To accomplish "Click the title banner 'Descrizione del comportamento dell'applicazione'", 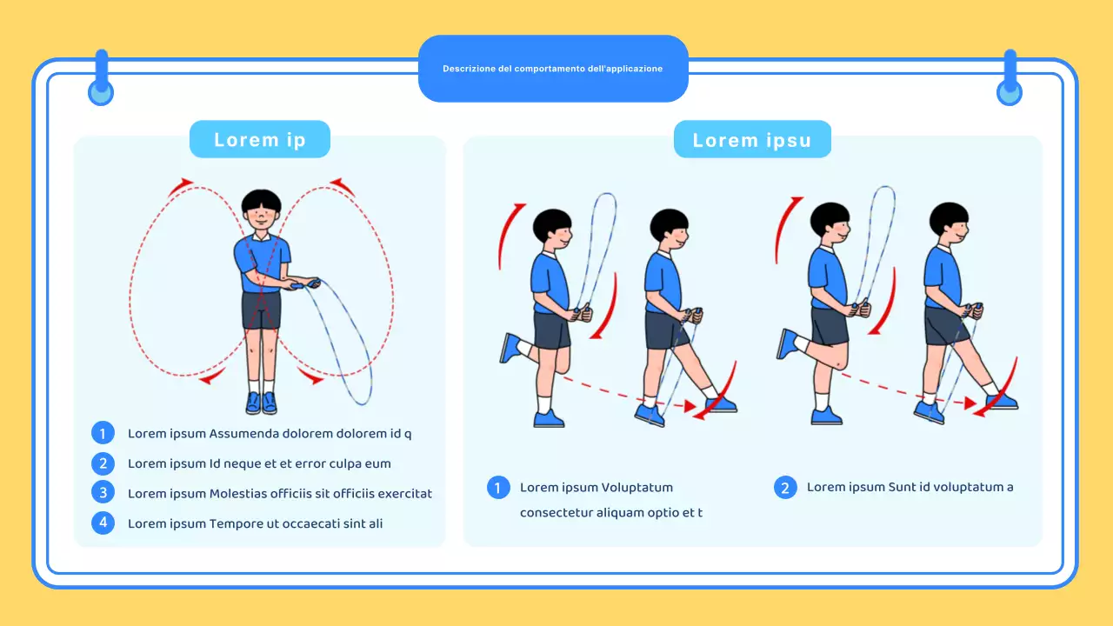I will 553,69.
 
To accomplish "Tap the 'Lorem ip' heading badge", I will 259,140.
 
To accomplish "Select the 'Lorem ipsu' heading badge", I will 752,140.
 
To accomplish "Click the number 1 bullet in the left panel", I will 103,433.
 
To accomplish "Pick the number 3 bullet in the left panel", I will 103,493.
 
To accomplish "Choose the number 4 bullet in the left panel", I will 103,523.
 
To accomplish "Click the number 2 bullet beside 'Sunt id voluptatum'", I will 785,488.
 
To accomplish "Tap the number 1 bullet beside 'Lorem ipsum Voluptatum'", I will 498,488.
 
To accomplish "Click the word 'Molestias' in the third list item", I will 238,494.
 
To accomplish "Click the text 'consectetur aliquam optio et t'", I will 610,513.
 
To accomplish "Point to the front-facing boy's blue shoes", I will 261,403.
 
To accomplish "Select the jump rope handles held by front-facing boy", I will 305,283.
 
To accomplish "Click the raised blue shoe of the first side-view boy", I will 510,348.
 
